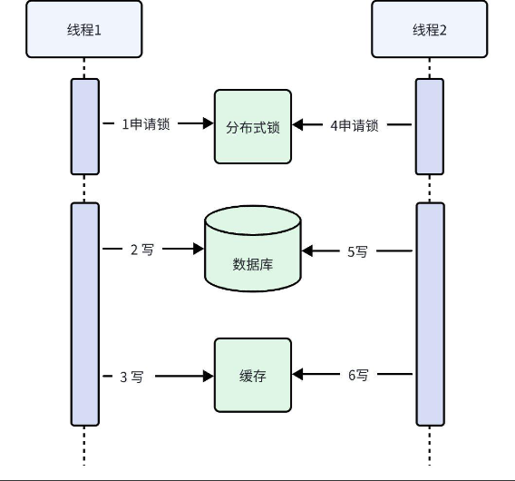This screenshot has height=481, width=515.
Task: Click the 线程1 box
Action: click(x=84, y=29)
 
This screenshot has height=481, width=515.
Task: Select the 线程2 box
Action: click(x=430, y=29)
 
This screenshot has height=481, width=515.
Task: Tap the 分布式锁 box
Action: click(x=253, y=126)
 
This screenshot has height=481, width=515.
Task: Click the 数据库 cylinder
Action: click(x=253, y=249)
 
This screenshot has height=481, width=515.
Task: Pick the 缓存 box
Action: click(x=253, y=375)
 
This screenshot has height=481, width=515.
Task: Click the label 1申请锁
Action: click(x=146, y=124)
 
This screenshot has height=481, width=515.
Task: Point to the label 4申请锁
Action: click(x=355, y=125)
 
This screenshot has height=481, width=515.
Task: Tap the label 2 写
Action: click(x=142, y=250)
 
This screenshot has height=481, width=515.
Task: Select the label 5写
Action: click(x=357, y=251)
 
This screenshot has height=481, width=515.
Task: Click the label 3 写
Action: click(x=131, y=378)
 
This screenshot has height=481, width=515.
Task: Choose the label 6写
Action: click(x=358, y=375)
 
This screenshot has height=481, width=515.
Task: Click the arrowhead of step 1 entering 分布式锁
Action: click(x=209, y=123)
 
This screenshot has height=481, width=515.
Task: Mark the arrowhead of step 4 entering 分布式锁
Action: click(x=297, y=124)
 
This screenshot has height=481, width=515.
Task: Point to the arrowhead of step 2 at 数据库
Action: click(x=199, y=249)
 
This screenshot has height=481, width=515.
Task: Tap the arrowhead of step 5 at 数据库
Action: click(x=307, y=250)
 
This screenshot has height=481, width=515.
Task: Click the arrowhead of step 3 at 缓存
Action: click(x=209, y=376)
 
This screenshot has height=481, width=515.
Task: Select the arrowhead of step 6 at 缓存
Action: click(x=297, y=374)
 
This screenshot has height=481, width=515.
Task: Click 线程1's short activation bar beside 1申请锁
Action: click(x=85, y=126)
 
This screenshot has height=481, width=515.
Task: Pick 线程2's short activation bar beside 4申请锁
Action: click(x=430, y=126)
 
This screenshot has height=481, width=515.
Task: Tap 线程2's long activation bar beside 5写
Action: click(x=431, y=314)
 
